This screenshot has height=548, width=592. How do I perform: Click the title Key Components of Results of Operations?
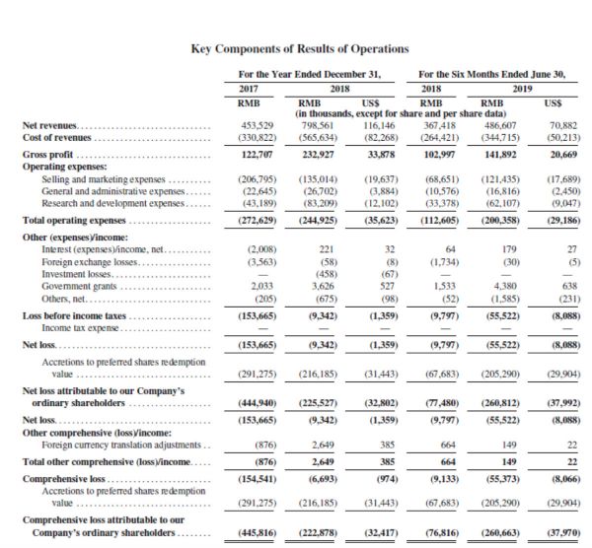coord(296,48)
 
